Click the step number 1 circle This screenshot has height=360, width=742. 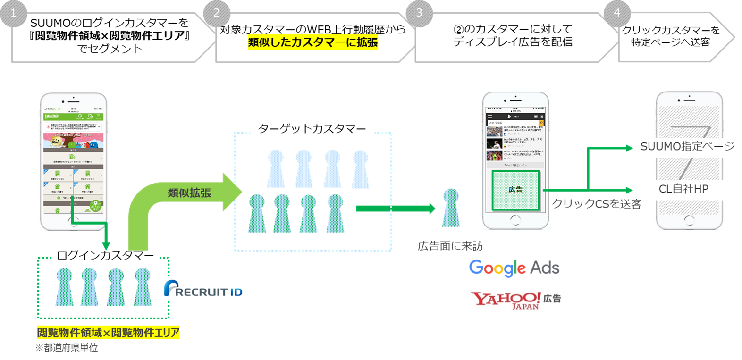13,13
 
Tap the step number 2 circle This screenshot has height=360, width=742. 216,13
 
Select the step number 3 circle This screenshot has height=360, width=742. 419,13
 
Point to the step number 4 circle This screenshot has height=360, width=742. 616,13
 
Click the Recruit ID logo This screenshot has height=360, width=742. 201,289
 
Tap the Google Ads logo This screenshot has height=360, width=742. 514,268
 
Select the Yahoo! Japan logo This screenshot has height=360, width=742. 515,300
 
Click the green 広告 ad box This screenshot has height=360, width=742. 515,190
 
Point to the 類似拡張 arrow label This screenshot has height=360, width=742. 189,193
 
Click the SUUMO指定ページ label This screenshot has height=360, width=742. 687,146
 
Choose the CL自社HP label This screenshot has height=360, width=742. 683,189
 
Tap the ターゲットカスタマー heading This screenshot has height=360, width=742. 312,129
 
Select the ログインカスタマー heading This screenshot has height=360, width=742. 105,256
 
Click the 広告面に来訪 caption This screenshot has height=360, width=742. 450,246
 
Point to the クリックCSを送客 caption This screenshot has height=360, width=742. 597,204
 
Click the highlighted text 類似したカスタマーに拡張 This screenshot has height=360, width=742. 313,42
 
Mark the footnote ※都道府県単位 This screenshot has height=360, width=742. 67,348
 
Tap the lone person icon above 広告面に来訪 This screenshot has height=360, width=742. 451,208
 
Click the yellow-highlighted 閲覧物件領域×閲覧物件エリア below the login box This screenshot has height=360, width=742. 108,333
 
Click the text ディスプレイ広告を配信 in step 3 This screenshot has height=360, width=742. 513,42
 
